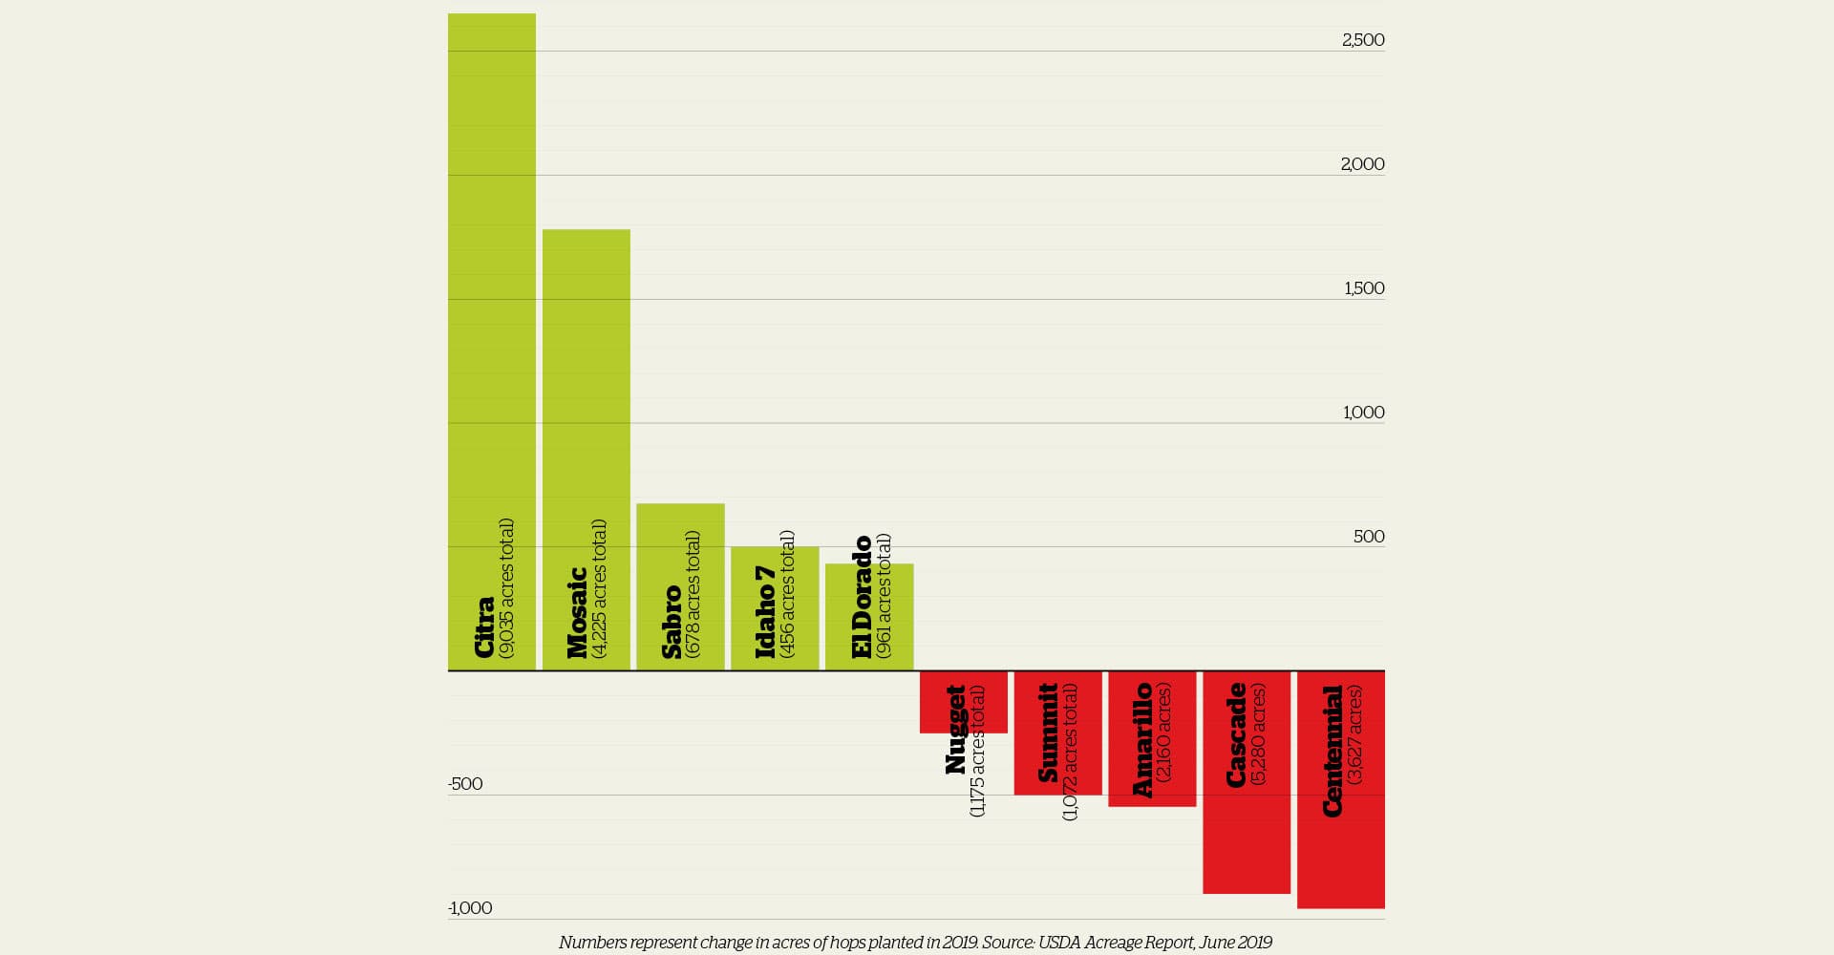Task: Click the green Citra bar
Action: coord(491,286)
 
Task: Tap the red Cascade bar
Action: coord(1246,840)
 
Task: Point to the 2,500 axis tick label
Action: coord(1362,40)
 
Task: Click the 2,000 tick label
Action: coord(1362,164)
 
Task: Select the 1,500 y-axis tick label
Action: coord(1363,288)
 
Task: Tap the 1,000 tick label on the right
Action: coord(1363,413)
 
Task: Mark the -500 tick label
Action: coord(465,784)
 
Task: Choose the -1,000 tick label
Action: coord(470,908)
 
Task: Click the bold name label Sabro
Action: coord(672,621)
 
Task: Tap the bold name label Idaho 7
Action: coord(765,611)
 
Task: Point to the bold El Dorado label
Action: coord(862,596)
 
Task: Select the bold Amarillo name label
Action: coord(1141,740)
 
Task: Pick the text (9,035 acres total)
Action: coord(506,588)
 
